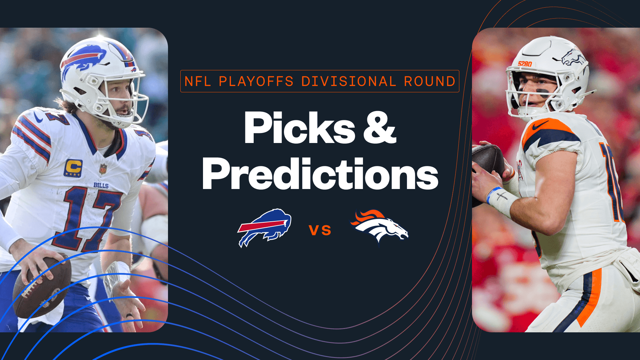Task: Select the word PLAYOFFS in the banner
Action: tap(256, 81)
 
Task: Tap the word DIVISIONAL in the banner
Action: tap(349, 81)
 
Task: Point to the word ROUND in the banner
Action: tap(430, 81)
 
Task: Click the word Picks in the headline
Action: tap(299, 128)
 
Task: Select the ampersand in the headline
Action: tap(380, 128)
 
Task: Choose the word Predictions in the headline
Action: tap(320, 174)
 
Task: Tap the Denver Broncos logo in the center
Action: tap(380, 227)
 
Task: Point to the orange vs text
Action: tap(320, 230)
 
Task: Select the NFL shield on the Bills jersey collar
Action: tap(103, 169)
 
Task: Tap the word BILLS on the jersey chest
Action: tap(101, 185)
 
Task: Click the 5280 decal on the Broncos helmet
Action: tap(525, 64)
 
